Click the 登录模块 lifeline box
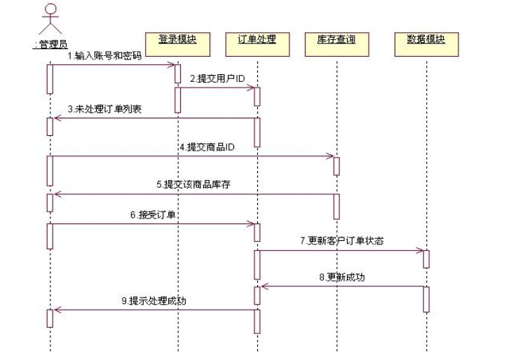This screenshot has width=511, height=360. (x=177, y=39)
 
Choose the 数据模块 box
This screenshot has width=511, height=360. (x=425, y=39)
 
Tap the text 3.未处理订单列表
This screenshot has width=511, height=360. (x=106, y=109)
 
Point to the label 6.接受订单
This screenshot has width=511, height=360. (x=153, y=214)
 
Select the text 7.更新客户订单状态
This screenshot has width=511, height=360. (x=341, y=240)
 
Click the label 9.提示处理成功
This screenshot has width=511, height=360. (x=154, y=301)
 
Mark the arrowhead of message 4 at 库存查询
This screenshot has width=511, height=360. (x=330, y=157)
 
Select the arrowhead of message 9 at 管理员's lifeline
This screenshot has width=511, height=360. (x=57, y=310)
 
